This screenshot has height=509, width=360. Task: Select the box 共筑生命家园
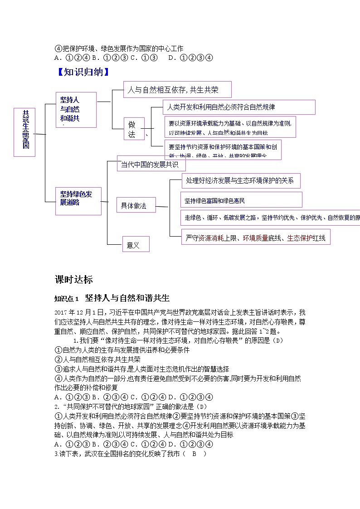[24, 132]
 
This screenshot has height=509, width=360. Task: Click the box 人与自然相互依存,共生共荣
[177, 90]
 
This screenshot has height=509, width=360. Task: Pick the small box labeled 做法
[134, 130]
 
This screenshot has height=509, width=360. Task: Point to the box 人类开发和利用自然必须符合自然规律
[239, 107]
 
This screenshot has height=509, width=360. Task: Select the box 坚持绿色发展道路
[78, 201]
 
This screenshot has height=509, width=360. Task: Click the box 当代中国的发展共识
[148, 164]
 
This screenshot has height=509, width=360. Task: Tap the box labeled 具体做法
[136, 205]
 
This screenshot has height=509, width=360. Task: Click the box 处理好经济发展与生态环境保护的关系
[241, 180]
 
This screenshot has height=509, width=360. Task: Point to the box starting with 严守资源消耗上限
[255, 237]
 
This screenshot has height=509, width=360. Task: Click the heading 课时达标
[73, 279]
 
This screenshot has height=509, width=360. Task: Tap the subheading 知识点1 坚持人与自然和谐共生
[112, 298]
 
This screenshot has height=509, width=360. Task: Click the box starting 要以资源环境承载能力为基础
[230, 127]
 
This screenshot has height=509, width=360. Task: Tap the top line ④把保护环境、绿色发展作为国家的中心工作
[119, 48]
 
